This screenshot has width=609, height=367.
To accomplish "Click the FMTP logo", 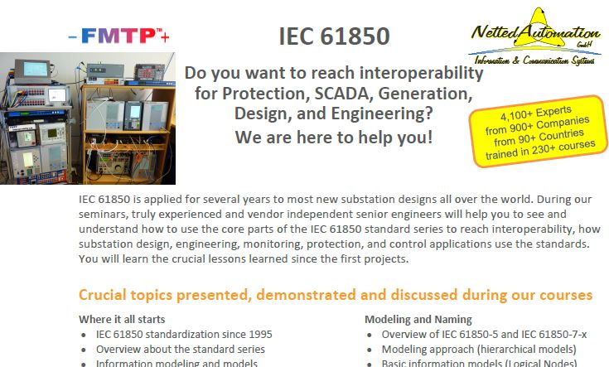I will point(118,36).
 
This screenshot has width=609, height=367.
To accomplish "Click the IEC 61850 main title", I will point(333,36).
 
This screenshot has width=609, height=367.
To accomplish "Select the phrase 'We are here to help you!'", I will point(333,137).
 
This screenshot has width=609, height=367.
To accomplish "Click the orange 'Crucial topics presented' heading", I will point(335,295).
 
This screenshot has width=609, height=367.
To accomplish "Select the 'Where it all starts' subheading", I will point(121,319).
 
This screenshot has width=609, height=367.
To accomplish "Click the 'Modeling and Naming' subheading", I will point(418,319).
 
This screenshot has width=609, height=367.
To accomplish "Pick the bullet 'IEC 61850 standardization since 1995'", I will point(184,335).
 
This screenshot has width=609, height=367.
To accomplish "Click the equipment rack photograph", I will point(87,118).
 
